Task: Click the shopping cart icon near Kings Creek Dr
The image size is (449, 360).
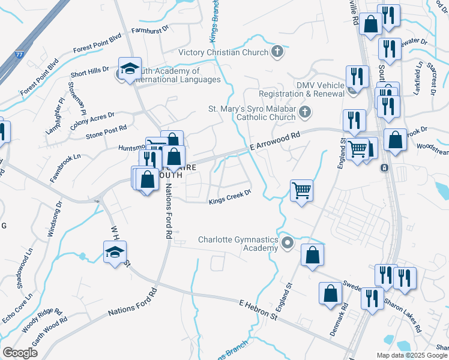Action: pyautogui.click(x=301, y=191)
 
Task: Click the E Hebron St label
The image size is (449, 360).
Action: pyautogui.click(x=259, y=310)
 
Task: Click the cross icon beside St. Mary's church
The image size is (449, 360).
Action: pyautogui.click(x=305, y=111)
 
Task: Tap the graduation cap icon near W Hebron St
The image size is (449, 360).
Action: pyautogui.click(x=115, y=253)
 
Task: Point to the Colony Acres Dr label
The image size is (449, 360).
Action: pyautogui.click(x=92, y=118)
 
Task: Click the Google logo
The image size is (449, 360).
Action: pyautogui.click(x=20, y=352)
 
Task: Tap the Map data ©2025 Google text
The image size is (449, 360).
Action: pyautogui.click(x=411, y=355)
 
